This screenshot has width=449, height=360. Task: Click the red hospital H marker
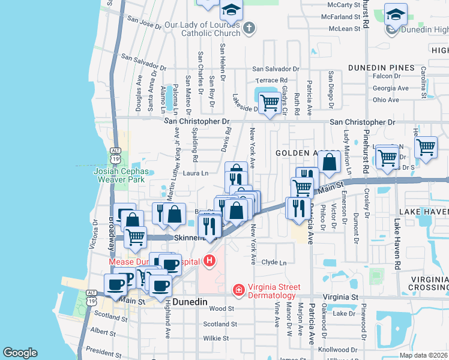(209, 260)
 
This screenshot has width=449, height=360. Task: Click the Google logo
(20, 353)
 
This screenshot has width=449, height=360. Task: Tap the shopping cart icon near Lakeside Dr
(270, 103)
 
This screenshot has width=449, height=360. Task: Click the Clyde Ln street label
(274, 262)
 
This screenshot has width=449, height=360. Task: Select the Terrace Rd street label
(272, 80)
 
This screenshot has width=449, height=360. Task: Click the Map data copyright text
(423, 355)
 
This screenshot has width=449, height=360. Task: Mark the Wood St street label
(221, 308)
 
